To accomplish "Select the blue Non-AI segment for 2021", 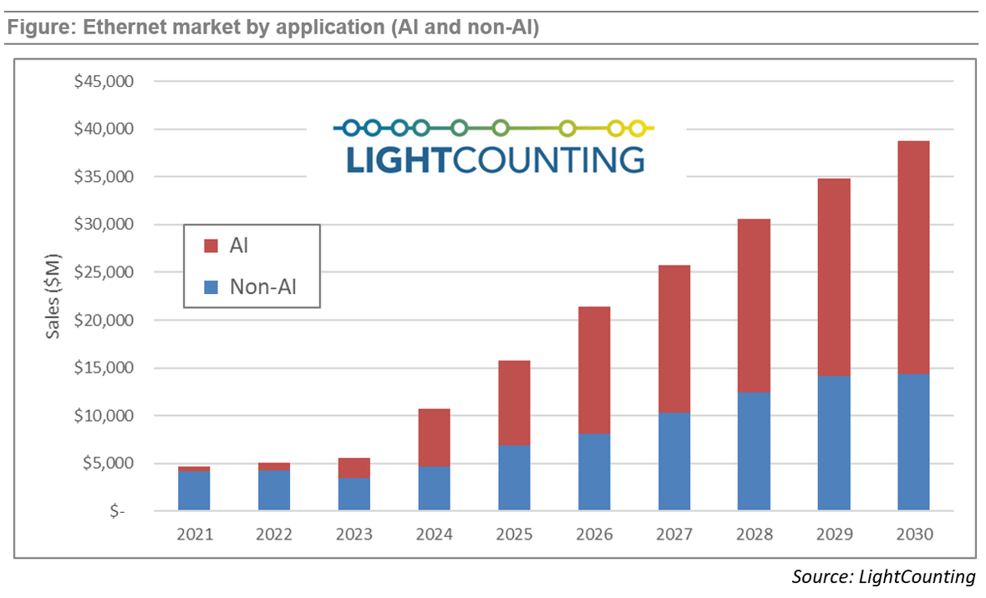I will (194, 491).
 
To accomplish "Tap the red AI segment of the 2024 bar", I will (434, 438).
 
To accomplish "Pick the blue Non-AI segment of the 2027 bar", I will (673, 461).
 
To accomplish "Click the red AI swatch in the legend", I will (211, 246).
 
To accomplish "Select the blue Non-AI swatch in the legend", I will (211, 287).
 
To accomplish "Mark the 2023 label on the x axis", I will (354, 535).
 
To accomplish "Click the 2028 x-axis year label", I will (754, 535).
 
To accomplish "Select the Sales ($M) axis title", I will (53, 297).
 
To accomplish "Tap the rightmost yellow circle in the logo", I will (638, 129).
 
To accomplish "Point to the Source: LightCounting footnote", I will (882, 576).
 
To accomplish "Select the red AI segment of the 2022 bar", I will (274, 466).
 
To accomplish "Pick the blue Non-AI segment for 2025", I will (514, 478).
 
